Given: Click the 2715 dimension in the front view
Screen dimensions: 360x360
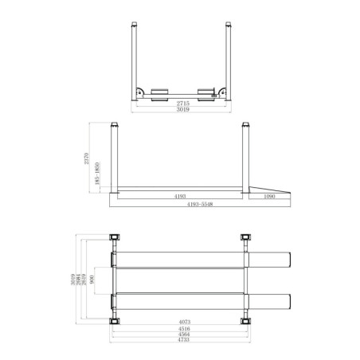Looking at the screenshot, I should click(x=180, y=103).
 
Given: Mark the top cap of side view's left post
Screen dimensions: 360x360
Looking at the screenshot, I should click(x=115, y=124).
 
